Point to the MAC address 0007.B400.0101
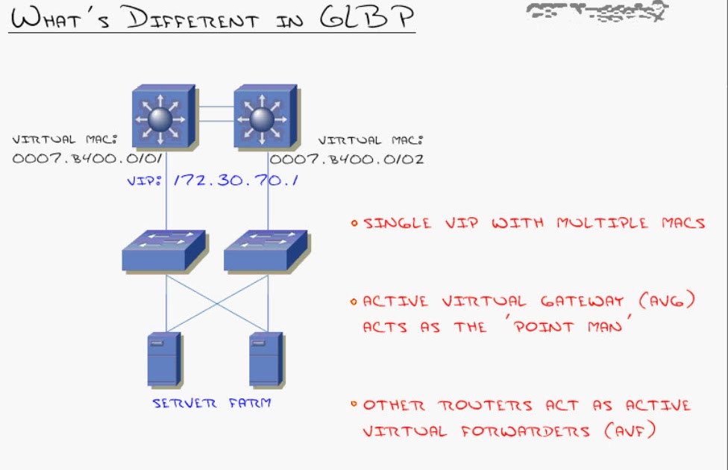point(87,158)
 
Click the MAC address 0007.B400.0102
point(347,158)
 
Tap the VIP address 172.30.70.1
point(236,180)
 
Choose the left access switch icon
point(163,249)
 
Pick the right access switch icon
point(265,249)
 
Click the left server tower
point(163,360)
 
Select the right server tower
point(265,360)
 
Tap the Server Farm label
point(212,404)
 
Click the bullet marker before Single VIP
point(354,222)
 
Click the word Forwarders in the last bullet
point(520,431)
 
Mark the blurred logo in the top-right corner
point(597,12)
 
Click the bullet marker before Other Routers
point(354,405)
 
